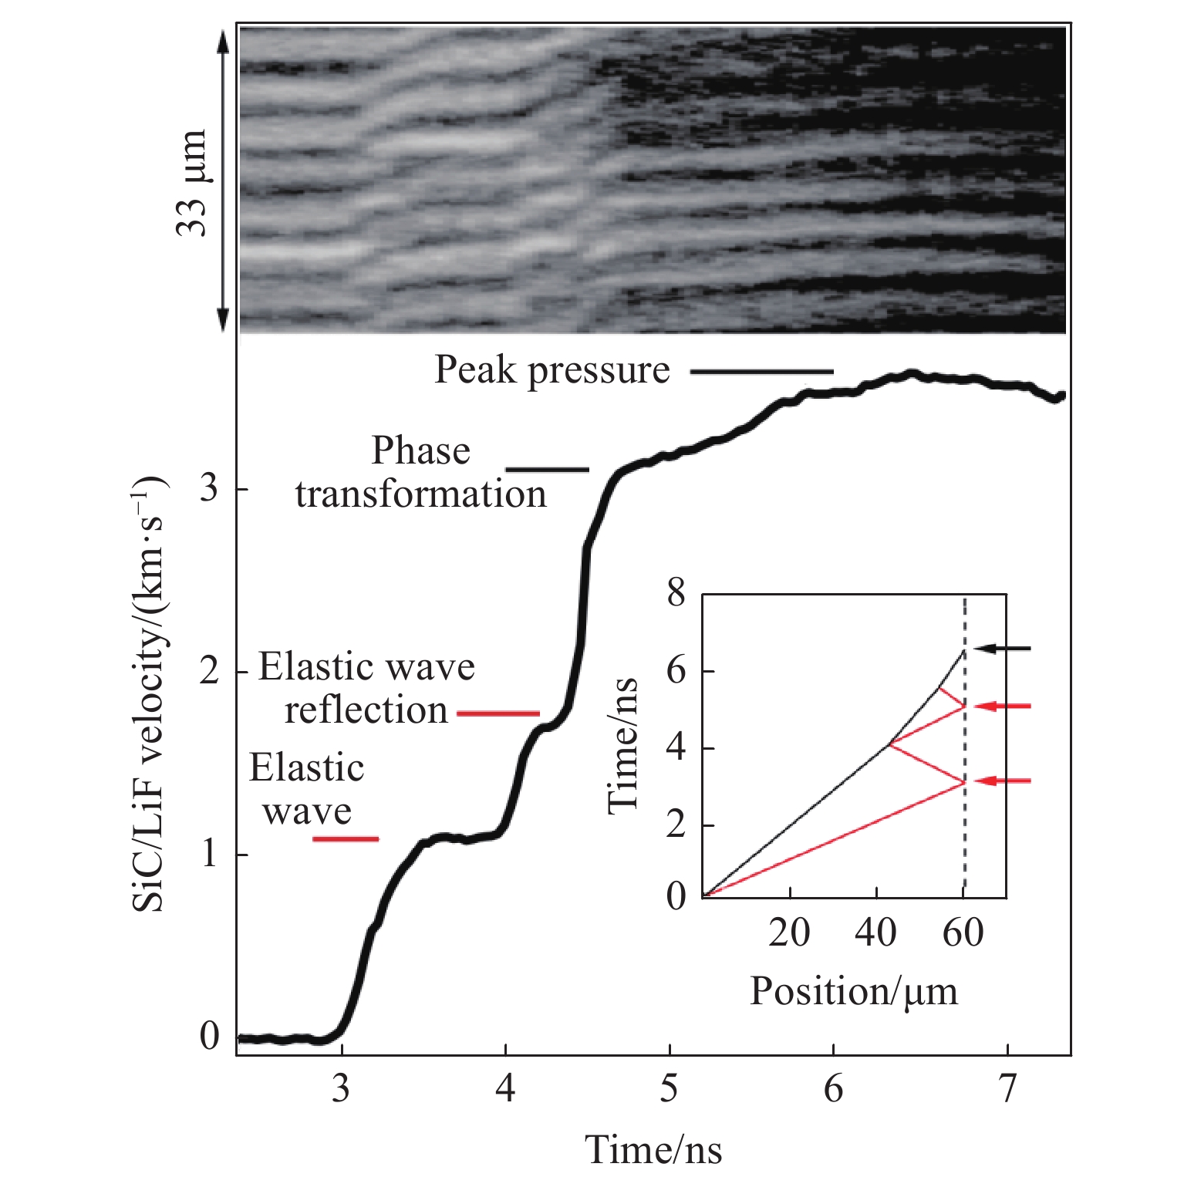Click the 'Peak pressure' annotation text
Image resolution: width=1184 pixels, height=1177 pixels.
click(x=552, y=370)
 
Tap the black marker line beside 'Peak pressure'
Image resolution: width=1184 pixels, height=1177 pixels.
click(x=761, y=372)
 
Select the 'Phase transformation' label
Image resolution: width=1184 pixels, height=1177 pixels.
click(x=420, y=472)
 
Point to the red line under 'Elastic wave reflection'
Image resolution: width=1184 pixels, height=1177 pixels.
click(x=498, y=713)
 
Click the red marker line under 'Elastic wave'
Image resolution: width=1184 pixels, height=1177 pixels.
click(x=346, y=838)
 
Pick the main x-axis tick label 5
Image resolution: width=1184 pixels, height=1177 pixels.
click(x=670, y=1088)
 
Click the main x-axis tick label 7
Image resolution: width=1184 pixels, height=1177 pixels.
click(x=1007, y=1088)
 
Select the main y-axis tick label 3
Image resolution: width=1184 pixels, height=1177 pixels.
click(x=209, y=488)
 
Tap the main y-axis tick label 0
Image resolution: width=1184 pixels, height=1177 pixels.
click(x=209, y=1036)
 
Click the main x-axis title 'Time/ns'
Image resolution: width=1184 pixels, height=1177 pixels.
click(x=653, y=1150)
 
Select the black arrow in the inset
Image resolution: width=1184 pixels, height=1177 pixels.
click(x=1003, y=649)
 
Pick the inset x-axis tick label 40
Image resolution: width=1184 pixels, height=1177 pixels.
click(x=875, y=933)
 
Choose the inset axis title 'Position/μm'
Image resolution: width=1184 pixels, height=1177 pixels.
click(x=853, y=991)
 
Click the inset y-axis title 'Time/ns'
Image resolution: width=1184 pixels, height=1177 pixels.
click(x=623, y=745)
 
